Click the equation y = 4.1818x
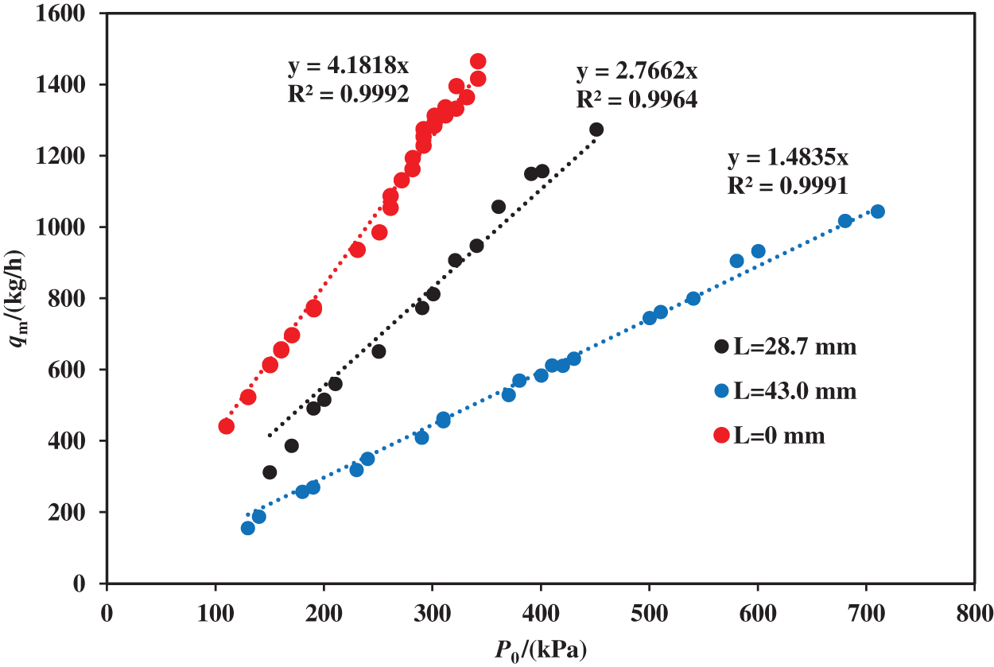point(348,65)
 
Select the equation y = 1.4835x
point(788,158)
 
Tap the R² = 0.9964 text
point(637,99)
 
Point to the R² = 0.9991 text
point(788,186)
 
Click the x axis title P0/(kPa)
point(542,650)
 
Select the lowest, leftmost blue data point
point(248,528)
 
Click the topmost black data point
point(596,130)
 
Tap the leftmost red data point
point(226,426)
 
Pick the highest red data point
point(478,62)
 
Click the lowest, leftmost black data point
point(270,472)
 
